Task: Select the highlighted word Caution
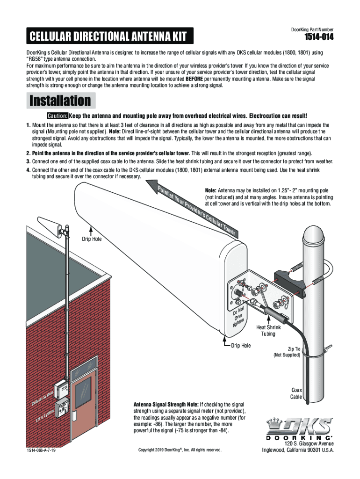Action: (57, 116)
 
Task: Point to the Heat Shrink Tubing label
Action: (268, 331)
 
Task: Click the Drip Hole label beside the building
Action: (92, 239)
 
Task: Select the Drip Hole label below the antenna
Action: (241, 346)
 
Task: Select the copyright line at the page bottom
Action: (180, 450)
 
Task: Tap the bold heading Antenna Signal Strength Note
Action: (166, 404)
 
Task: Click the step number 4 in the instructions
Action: (28, 170)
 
